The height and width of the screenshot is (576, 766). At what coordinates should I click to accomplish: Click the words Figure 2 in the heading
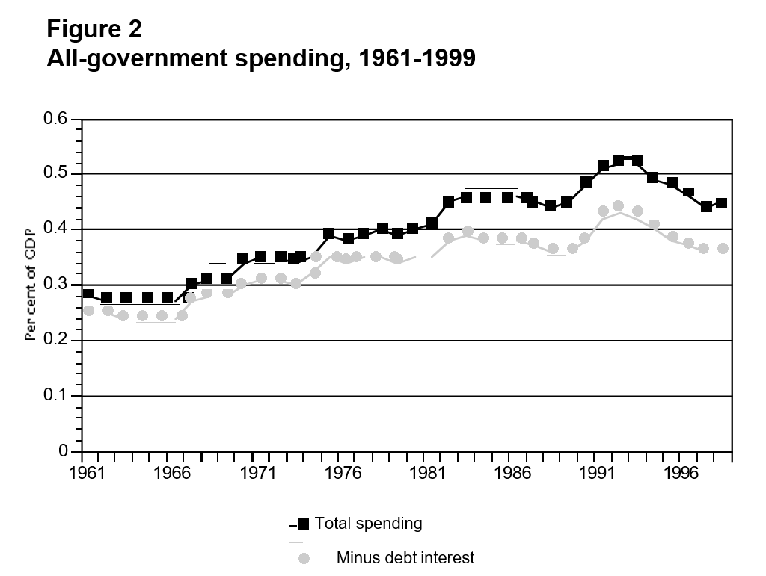pyautogui.click(x=94, y=29)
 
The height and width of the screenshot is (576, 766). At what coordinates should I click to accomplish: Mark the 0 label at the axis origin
pyautogui.click(x=64, y=452)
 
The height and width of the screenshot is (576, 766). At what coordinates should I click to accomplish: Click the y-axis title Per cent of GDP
pyautogui.click(x=31, y=285)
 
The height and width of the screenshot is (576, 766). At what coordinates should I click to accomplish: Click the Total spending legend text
pyautogui.click(x=369, y=523)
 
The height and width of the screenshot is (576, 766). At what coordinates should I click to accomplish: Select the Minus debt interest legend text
pyautogui.click(x=405, y=557)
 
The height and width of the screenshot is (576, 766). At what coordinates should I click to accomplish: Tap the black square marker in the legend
pyautogui.click(x=304, y=524)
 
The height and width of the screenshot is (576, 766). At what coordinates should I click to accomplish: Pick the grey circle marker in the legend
pyautogui.click(x=304, y=558)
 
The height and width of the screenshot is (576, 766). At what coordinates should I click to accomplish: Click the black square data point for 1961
pyautogui.click(x=88, y=294)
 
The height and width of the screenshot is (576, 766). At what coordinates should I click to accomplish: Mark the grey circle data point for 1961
pyautogui.click(x=88, y=310)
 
